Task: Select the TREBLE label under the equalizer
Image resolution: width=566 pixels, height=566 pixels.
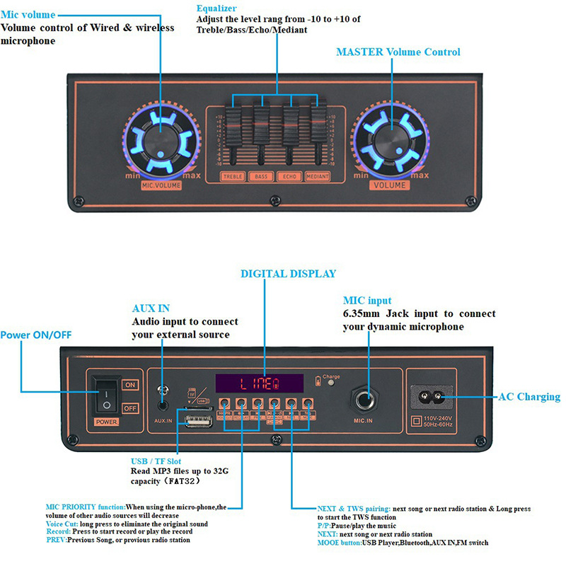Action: (233, 176)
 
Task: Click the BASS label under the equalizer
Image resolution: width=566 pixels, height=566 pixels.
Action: (262, 176)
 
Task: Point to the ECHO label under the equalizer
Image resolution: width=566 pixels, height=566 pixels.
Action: (289, 176)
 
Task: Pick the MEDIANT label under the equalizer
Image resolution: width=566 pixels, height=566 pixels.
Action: (318, 176)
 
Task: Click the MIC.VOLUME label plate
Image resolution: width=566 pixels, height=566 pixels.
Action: (161, 185)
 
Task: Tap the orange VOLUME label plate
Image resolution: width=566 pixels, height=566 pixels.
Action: (390, 185)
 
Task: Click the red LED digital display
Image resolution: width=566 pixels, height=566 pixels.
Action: (260, 383)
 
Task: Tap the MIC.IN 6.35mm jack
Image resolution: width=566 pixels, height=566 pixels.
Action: (368, 400)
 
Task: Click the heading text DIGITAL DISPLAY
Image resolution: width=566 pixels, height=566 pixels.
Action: (288, 274)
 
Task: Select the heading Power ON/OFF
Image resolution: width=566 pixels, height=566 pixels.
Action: (36, 335)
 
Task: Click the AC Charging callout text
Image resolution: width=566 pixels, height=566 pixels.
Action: (529, 397)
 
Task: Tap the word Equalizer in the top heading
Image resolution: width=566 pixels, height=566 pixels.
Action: (217, 8)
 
